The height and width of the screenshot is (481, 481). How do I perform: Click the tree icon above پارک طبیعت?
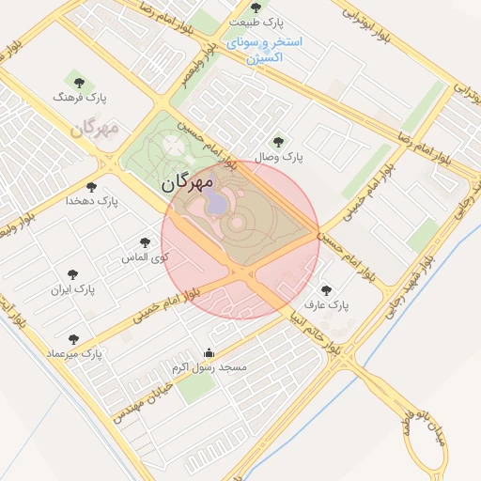click(256, 8)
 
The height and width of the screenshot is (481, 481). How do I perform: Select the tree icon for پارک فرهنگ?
click(76, 82)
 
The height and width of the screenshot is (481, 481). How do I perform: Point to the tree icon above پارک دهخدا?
click(91, 187)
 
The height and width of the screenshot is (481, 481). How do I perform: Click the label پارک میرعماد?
click(74, 353)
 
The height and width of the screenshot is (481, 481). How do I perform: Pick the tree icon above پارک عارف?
click(327, 291)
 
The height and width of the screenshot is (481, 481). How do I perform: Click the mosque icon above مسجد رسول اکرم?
click(209, 353)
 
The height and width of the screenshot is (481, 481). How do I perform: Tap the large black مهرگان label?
click(188, 181)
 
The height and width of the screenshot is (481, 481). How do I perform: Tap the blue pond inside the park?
click(216, 202)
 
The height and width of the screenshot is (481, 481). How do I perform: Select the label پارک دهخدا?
click(93, 201)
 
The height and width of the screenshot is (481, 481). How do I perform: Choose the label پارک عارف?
click(327, 305)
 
